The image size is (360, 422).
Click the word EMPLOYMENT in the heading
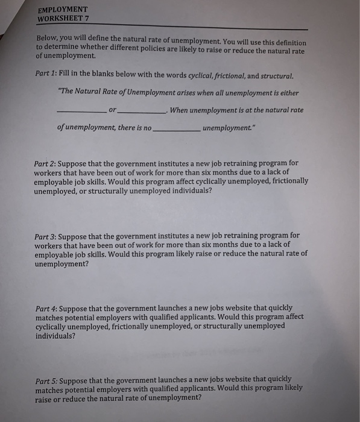(x=62, y=10)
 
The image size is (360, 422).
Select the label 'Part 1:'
(x=47, y=78)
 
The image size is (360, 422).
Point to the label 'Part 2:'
(x=47, y=163)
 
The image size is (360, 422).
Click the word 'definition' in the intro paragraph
(x=289, y=42)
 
